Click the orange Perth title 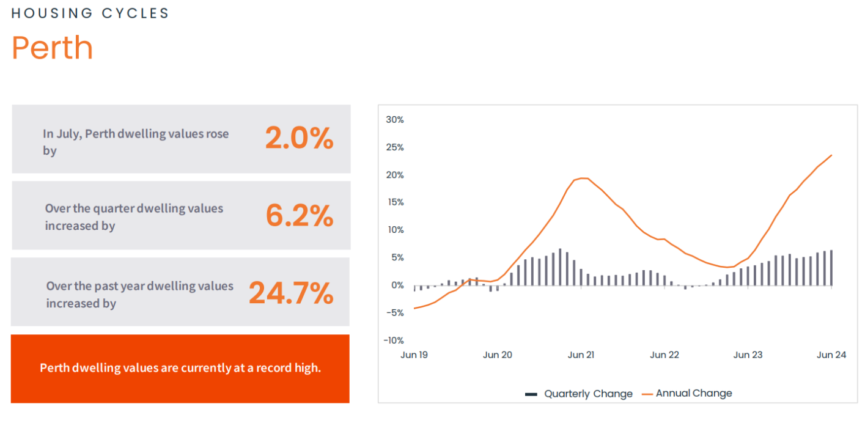coord(52,48)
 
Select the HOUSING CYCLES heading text coord(90,13)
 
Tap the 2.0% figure coord(299,138)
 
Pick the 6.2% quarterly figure coord(300,215)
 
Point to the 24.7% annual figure coord(291,293)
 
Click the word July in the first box coord(68,134)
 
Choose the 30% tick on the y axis coord(395,120)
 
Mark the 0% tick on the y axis coord(397,285)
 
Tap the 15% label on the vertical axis coord(395,202)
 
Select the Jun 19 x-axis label coord(414,355)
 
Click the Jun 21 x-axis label coord(581,355)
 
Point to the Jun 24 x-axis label coord(831,355)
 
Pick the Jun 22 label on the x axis coord(664,355)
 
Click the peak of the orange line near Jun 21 coord(583,178)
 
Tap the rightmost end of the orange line coord(832,155)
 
